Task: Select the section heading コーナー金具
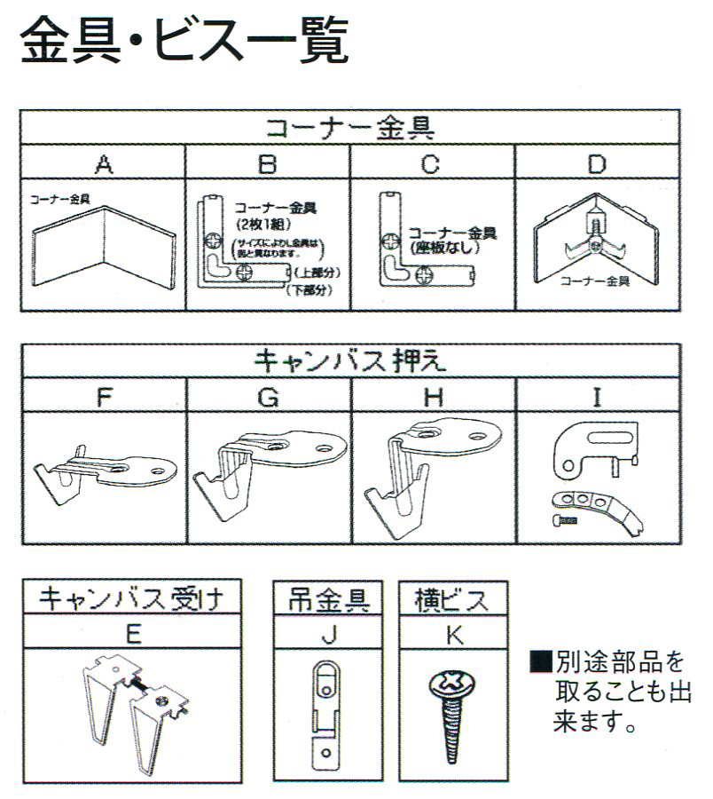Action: pyautogui.click(x=350, y=128)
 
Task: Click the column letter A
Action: pyautogui.click(x=104, y=163)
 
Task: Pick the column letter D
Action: pyautogui.click(x=597, y=163)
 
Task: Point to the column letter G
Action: pyautogui.click(x=269, y=397)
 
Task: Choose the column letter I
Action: pyautogui.click(x=597, y=397)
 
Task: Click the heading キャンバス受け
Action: pyautogui.click(x=130, y=598)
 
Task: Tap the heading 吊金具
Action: pyautogui.click(x=330, y=598)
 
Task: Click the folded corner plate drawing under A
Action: pyautogui.click(x=104, y=248)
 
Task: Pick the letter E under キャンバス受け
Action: pyautogui.click(x=130, y=633)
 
